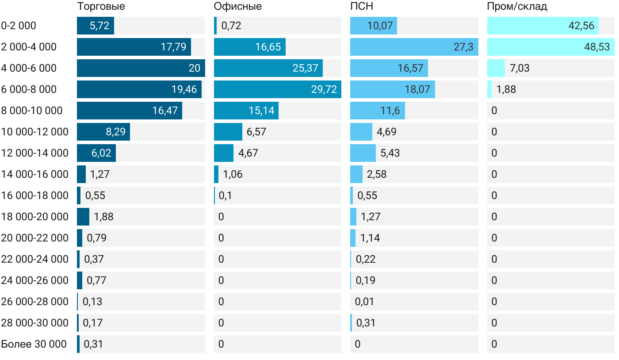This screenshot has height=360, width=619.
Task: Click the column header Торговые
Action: coord(101,6)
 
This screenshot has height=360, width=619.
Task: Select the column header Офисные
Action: coord(237,6)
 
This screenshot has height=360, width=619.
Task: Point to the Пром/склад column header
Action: coord(517,6)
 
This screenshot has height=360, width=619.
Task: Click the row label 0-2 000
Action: coord(19,26)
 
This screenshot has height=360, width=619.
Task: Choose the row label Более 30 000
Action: coord(34,344)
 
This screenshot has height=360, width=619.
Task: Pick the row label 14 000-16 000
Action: coord(35,174)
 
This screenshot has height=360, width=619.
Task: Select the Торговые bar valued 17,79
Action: coord(134,47)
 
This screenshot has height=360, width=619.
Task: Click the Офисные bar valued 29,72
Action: coord(278,89)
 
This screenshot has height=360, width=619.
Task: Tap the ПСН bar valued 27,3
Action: coord(414,47)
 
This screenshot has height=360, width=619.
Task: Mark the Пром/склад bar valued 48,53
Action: coord(551,47)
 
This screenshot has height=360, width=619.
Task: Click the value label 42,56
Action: coord(581,26)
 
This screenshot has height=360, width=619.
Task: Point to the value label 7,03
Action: coord(519,68)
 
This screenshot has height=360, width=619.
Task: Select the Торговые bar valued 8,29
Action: coord(103,132)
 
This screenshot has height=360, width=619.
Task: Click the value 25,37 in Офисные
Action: coord(305,68)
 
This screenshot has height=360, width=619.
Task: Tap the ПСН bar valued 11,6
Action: coord(378,111)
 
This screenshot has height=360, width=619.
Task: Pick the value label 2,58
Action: coord(377,174)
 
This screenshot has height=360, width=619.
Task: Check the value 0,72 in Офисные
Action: coord(231,26)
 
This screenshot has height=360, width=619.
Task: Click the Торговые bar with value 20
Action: coord(141,68)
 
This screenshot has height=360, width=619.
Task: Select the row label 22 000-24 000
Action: coord(35,259)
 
